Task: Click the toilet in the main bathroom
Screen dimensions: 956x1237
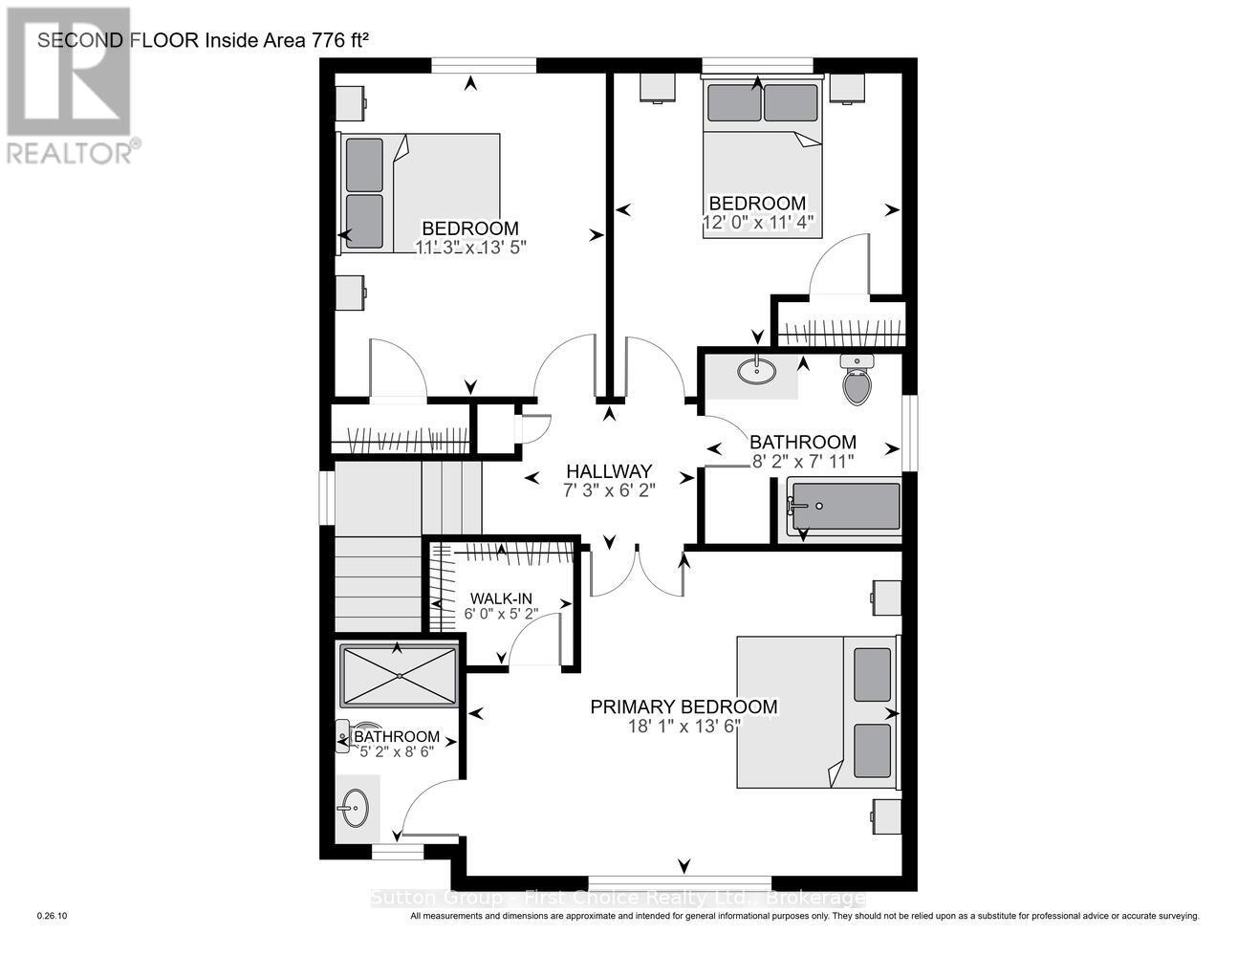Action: tap(857, 381)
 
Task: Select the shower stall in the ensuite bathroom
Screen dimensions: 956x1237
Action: tap(398, 675)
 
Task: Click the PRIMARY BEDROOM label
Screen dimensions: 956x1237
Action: tap(684, 706)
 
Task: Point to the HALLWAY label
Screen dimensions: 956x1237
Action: tap(608, 471)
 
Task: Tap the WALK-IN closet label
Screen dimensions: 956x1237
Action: tap(494, 598)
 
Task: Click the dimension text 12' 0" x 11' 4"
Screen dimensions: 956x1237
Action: tap(756, 223)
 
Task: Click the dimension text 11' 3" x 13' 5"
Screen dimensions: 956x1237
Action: tap(470, 247)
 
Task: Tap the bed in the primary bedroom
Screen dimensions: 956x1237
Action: tap(817, 712)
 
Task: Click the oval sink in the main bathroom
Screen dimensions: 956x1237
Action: tap(757, 371)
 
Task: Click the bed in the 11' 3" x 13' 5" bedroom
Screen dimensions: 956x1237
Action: tap(421, 193)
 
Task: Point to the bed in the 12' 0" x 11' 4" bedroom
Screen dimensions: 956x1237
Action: tap(763, 158)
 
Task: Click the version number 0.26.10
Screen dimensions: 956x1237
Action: tap(52, 916)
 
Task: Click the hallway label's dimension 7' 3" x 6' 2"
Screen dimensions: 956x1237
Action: tap(608, 490)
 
